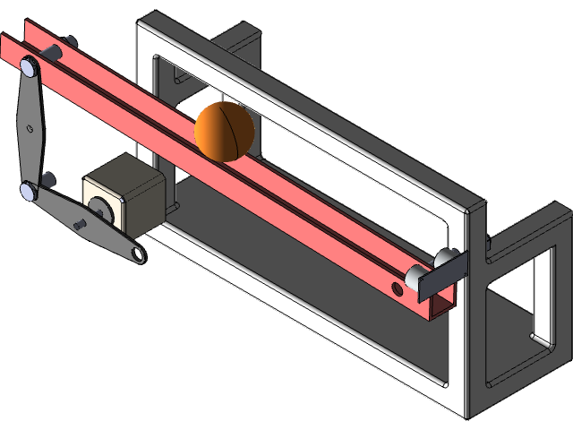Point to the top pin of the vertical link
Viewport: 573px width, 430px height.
pos(30,66)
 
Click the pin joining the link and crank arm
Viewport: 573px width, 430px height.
pos(30,189)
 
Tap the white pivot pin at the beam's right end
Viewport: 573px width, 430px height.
pos(418,275)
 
